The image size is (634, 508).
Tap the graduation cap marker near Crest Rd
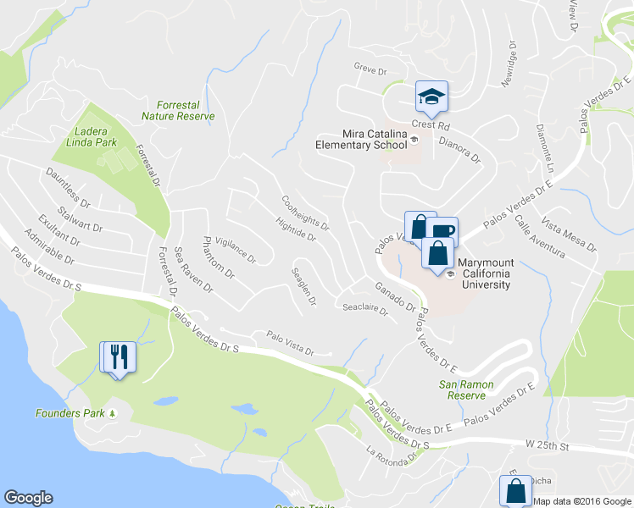point(431,97)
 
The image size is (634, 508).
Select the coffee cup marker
point(444,230)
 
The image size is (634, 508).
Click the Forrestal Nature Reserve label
point(178,110)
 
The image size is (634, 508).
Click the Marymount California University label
point(485,273)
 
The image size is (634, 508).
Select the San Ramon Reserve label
point(467,389)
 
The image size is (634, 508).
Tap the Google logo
point(28,498)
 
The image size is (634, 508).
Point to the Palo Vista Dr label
point(290,348)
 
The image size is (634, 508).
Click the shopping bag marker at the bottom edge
point(516,490)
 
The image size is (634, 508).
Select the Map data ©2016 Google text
point(582,501)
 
